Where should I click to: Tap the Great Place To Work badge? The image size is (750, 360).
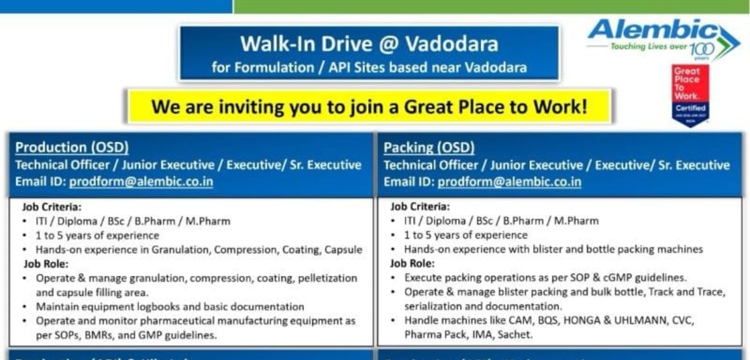point(691,94)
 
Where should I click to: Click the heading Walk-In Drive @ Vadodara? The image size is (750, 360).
point(369,44)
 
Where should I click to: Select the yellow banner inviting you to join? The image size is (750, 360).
point(369,106)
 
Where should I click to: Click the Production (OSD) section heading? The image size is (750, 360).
point(72,147)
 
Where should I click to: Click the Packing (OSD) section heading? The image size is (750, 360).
point(429,147)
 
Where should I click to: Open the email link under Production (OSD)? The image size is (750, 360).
point(141,182)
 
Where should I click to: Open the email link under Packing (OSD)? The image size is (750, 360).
point(509,182)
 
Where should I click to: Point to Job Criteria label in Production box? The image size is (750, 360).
point(52,206)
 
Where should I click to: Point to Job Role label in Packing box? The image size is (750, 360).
point(412,263)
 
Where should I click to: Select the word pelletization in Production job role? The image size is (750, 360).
point(325,277)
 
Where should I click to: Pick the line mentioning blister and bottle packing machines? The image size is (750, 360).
point(553,249)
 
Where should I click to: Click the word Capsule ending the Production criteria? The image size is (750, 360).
point(343,249)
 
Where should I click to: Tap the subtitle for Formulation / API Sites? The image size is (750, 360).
point(369,67)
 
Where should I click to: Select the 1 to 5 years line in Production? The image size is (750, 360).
point(97,235)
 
